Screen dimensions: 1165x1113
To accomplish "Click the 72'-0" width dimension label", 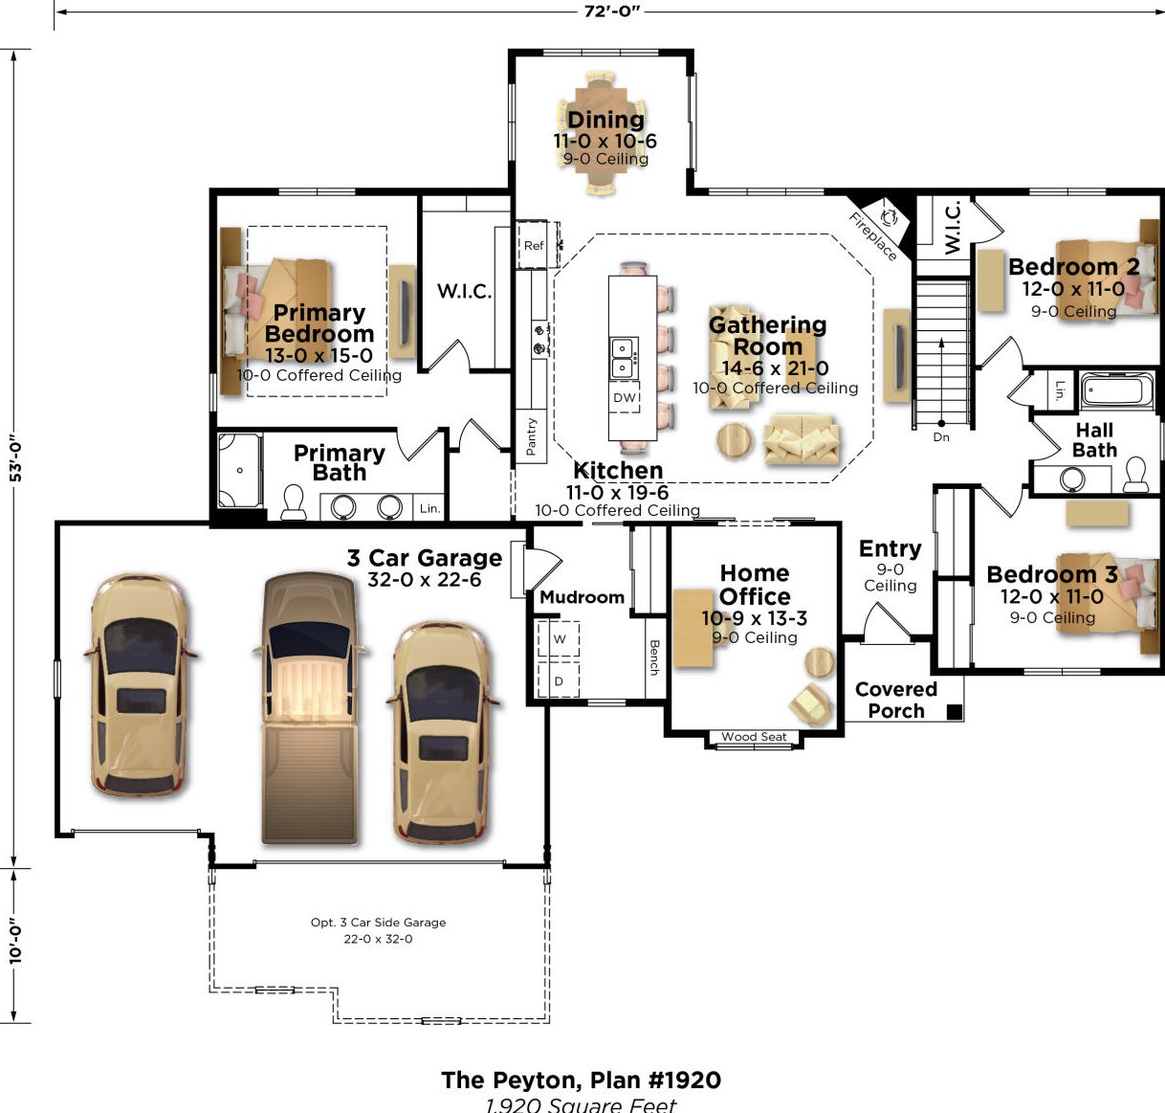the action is [x=612, y=11].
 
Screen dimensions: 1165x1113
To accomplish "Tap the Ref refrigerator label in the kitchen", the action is [x=534, y=246].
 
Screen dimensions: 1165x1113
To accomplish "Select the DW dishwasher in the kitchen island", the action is [x=625, y=397].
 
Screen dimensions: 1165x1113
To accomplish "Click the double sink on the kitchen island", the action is [x=624, y=357].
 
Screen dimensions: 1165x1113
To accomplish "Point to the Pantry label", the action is [x=531, y=436].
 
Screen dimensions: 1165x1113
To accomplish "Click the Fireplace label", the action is [x=873, y=236].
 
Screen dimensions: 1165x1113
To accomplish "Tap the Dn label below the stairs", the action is [x=941, y=437].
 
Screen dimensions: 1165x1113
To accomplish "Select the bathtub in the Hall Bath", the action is [x=1117, y=390].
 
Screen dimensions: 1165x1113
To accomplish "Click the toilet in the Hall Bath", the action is [x=1135, y=475].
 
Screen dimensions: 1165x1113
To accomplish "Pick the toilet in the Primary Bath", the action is [x=294, y=502].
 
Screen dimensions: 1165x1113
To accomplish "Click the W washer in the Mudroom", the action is [x=559, y=639].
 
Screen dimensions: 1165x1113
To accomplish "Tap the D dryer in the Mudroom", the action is [x=559, y=680].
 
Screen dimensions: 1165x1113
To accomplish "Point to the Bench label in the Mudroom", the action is [x=654, y=657].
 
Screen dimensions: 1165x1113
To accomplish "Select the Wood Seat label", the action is [x=754, y=737].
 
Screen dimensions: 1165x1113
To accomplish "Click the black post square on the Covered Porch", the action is [x=955, y=712].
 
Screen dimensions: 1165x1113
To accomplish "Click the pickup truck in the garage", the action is [x=310, y=707].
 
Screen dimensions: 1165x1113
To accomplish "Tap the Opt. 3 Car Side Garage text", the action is [x=379, y=923].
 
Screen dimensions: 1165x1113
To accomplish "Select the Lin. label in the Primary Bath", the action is [x=429, y=508].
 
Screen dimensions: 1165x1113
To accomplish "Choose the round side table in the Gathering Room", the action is [x=734, y=440].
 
